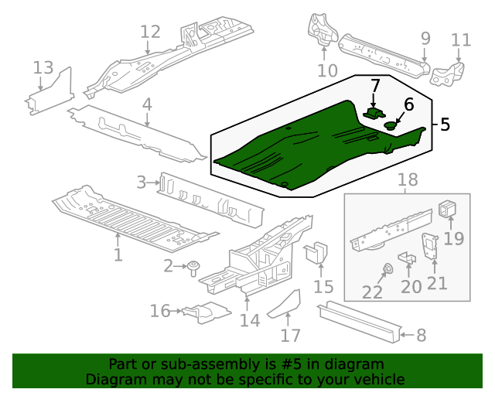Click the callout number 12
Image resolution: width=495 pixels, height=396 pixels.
pyautogui.click(x=150, y=32)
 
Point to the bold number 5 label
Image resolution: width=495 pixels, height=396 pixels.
pyautogui.click(x=444, y=125)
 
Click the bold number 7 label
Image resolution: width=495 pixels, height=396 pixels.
pyautogui.click(x=375, y=85)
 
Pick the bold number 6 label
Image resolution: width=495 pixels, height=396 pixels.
pyautogui.click(x=408, y=104)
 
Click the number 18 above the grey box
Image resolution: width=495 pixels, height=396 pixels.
pyautogui.click(x=407, y=180)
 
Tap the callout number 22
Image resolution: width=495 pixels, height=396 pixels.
pyautogui.click(x=372, y=292)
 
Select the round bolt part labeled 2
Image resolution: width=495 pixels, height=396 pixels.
pyautogui.click(x=193, y=268)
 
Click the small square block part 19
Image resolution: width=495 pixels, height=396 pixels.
pyautogui.click(x=449, y=209)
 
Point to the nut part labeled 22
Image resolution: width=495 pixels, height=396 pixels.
pyautogui.click(x=387, y=269)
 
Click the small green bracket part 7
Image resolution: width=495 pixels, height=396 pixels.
pyautogui.click(x=374, y=113)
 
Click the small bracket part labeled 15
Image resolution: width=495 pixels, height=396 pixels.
pyautogui.click(x=318, y=254)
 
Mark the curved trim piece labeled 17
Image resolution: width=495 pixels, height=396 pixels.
pyautogui.click(x=285, y=304)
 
